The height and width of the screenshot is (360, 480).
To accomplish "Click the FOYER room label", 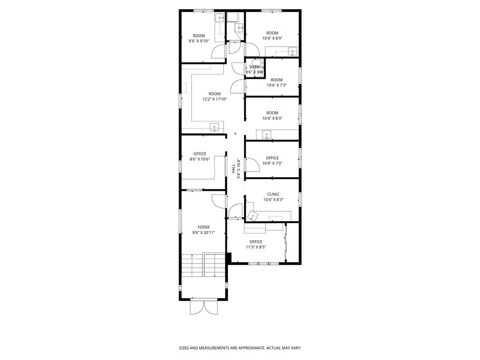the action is pyautogui.click(x=203, y=227).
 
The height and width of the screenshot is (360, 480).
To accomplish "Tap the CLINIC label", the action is pyautogui.click(x=273, y=194).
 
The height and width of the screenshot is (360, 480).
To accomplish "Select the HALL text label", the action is pyautogui.click(x=233, y=169).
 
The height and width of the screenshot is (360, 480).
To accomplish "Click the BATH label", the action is pyautogui.click(x=255, y=67).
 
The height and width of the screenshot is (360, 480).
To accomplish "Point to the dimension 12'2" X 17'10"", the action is pyautogui.click(x=214, y=99).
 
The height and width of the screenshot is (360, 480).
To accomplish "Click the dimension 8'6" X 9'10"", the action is pyautogui.click(x=199, y=41).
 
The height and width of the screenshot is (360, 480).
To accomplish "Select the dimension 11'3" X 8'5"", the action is pyautogui.click(x=256, y=247).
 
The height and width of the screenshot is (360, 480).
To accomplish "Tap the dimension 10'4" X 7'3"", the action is pyautogui.click(x=277, y=85).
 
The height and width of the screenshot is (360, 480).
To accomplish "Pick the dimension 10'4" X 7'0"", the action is pyautogui.click(x=272, y=164).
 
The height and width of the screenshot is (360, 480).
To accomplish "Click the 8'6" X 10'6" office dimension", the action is pyautogui.click(x=200, y=159).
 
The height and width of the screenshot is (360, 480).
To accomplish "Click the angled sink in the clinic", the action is pyautogui.click(x=253, y=216).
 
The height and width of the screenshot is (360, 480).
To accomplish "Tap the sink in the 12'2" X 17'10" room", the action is pyautogui.click(x=214, y=127).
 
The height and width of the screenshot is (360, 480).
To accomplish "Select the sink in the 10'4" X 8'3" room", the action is pyautogui.click(x=267, y=135).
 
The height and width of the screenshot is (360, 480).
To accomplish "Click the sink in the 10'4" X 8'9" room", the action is pyautogui.click(x=292, y=52).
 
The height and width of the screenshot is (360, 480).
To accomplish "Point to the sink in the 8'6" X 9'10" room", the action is pyautogui.click(x=220, y=18).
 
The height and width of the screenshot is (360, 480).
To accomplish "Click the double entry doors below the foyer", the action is pyautogui.click(x=203, y=307).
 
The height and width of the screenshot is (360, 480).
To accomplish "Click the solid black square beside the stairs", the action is pyautogui.click(x=228, y=257).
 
